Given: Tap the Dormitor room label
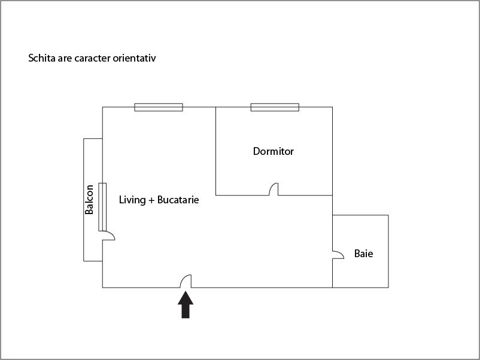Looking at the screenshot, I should tap(274, 151).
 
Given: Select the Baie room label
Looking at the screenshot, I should tap(363, 254).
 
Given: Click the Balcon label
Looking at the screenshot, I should tap(89, 199).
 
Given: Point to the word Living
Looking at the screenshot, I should tap(132, 200).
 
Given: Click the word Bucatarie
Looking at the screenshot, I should tap(178, 200).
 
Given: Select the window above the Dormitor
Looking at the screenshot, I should tap(275, 107).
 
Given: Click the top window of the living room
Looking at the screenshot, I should tap(159, 107).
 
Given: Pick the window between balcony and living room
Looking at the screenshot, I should tap(102, 207).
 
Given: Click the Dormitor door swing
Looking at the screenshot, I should tap(274, 189).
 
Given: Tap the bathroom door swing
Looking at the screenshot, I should tap(338, 255).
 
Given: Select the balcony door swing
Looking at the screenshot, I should tap(108, 236).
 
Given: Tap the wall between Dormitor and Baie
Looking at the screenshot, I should tap(332, 205).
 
